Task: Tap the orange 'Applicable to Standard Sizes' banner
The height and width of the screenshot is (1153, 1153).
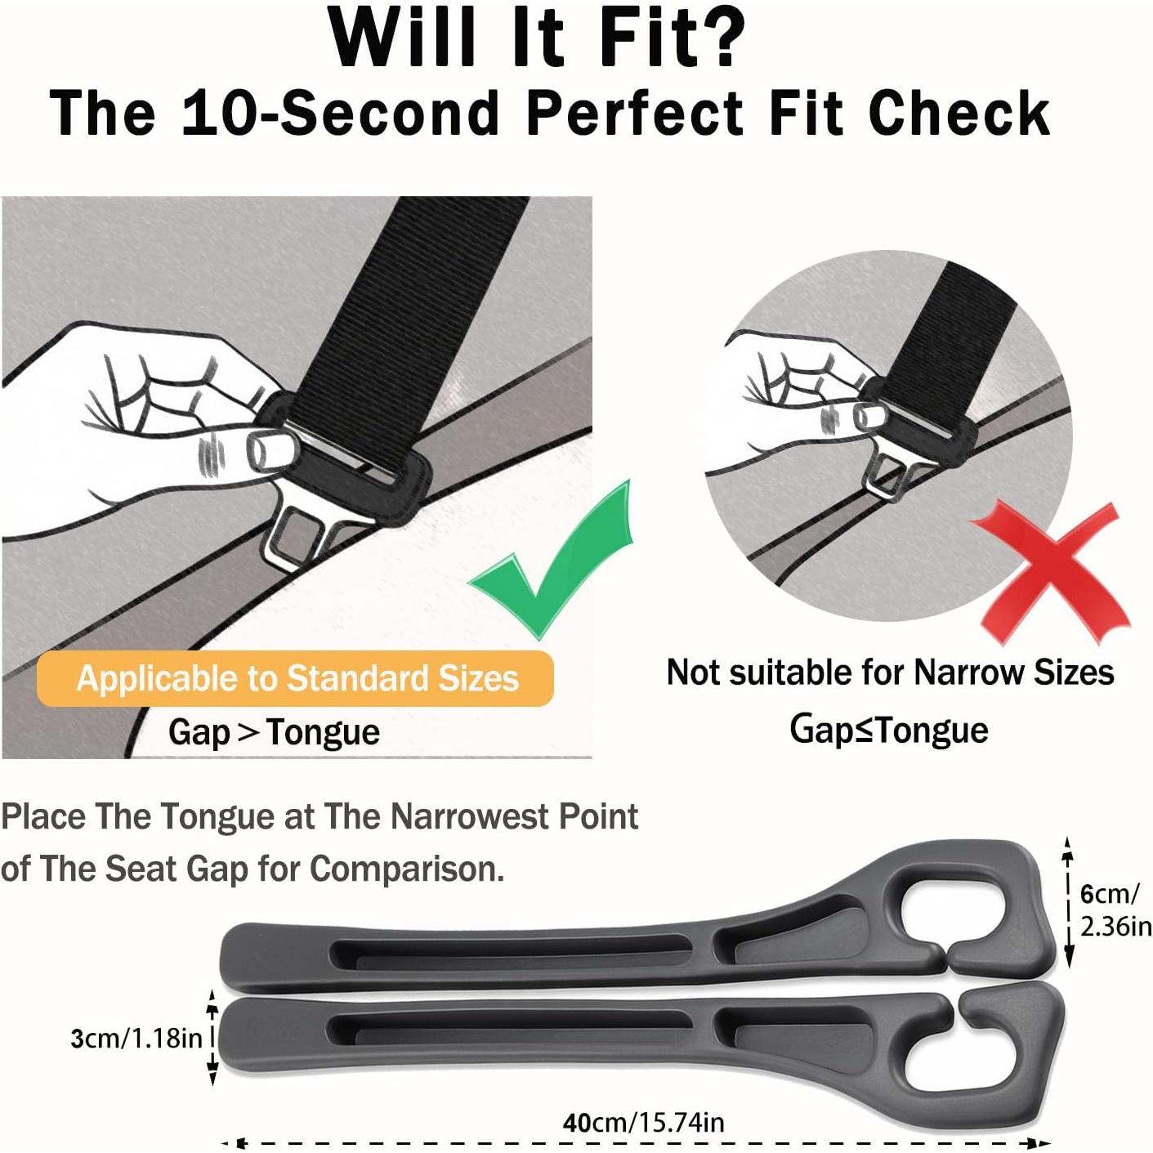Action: tap(296, 678)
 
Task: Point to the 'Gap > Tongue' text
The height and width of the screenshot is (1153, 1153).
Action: tap(274, 732)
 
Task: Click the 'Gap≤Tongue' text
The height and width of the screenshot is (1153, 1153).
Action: tap(889, 730)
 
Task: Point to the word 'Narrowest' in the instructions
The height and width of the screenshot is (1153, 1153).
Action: tap(468, 816)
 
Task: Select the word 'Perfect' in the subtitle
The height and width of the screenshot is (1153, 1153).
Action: tap(634, 113)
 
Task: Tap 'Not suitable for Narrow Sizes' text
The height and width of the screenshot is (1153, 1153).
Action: tap(891, 673)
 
